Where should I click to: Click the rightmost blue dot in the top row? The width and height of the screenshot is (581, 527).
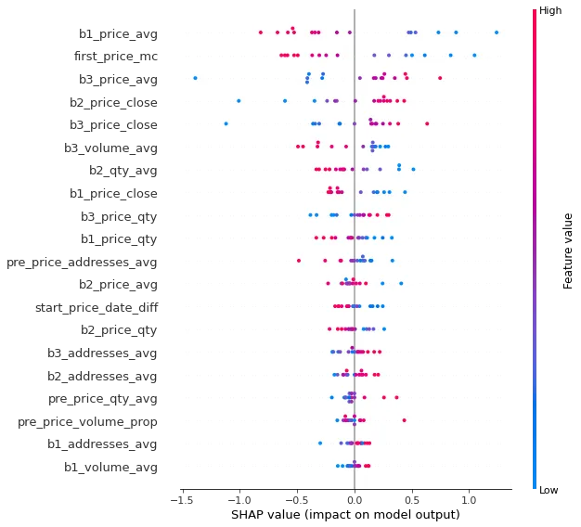pos(497,32)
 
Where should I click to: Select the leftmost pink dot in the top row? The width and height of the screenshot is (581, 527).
pos(261,32)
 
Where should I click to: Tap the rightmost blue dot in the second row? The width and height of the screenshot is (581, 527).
pos(474,55)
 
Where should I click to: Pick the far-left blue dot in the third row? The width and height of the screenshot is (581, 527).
pos(195,78)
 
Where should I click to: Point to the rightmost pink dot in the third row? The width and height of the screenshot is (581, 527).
pos(440,78)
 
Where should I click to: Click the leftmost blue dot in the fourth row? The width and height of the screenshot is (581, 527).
pos(239,100)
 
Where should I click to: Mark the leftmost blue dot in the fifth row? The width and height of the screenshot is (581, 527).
pos(226,122)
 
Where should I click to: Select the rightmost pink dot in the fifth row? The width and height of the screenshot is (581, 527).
pos(427,122)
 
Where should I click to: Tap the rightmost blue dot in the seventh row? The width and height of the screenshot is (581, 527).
pos(413,169)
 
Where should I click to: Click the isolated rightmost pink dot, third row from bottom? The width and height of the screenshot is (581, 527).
pos(405,420)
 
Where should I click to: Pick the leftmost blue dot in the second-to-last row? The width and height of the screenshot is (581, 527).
pos(320,443)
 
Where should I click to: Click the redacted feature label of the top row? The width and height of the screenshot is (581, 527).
pos(119,36)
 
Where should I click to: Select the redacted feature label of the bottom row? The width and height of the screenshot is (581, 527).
pos(111,467)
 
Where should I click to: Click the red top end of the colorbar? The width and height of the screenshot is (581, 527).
pos(533,13)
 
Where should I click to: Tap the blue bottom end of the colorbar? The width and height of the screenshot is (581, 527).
pos(533,482)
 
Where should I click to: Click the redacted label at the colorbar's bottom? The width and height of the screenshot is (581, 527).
pos(554,490)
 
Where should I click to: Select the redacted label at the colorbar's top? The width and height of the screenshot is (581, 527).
pos(554,9)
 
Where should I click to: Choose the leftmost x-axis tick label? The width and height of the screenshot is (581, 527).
pos(181,499)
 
